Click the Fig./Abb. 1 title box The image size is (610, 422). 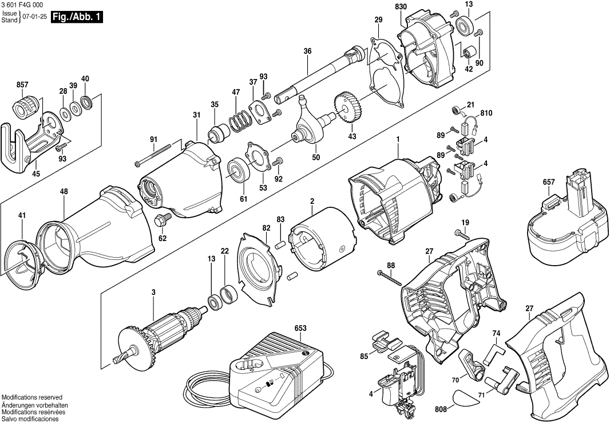tap(77, 17)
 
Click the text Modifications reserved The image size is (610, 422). tap(32, 397)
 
